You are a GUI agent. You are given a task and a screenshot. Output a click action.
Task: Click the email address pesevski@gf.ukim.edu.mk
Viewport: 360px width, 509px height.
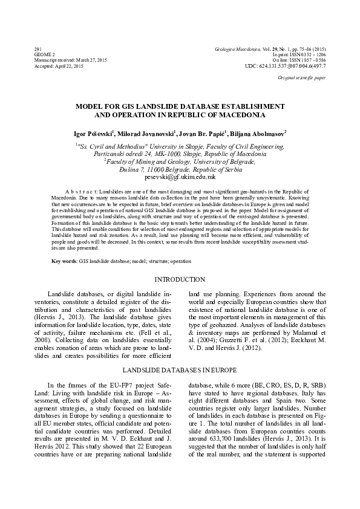180,177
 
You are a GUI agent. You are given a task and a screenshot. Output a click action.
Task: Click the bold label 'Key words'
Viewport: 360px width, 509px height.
64,261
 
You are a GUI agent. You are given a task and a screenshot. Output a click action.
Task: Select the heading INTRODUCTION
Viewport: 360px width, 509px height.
180,279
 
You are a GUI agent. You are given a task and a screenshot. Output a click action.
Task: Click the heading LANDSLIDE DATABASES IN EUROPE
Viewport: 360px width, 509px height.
180,368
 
